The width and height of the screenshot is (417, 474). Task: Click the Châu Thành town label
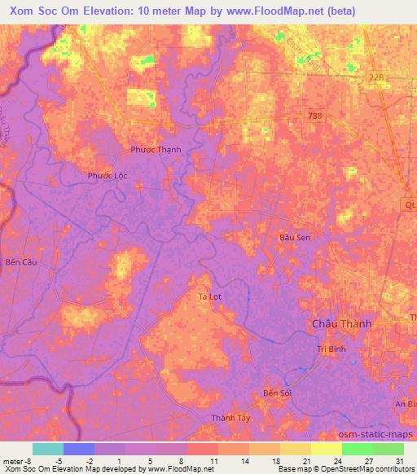(x=341, y=323)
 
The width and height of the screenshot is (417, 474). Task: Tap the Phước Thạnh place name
(x=156, y=150)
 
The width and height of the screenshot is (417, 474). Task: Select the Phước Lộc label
(x=108, y=175)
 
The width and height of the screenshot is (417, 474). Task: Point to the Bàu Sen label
(x=295, y=237)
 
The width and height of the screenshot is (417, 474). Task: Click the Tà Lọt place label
(x=211, y=297)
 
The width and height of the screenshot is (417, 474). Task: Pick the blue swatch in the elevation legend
(x=79, y=449)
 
